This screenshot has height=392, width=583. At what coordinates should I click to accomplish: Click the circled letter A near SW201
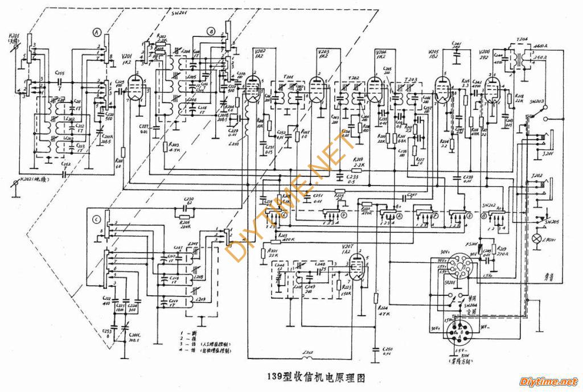96,33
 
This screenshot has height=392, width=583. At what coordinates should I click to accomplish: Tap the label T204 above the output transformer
522,40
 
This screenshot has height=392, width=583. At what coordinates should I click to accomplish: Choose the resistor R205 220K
183,218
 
